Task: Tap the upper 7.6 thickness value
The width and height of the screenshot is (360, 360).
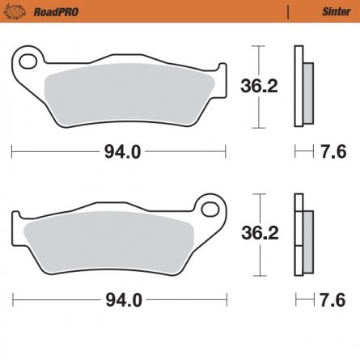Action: point(332,150)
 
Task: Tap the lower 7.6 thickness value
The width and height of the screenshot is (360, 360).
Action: point(332,299)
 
